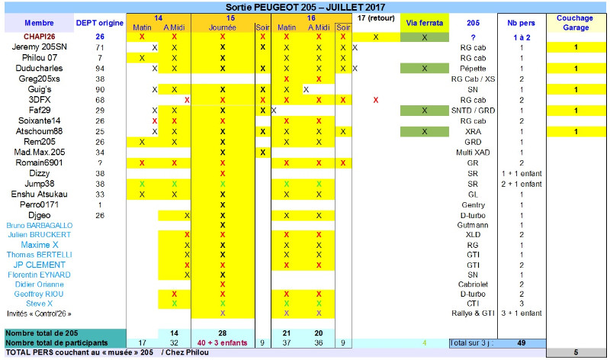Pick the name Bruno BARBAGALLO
point(39,226)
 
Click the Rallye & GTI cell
point(473,313)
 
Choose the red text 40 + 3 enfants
point(223,343)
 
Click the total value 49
point(522,343)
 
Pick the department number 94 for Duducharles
point(100,68)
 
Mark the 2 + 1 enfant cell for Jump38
point(522,184)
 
